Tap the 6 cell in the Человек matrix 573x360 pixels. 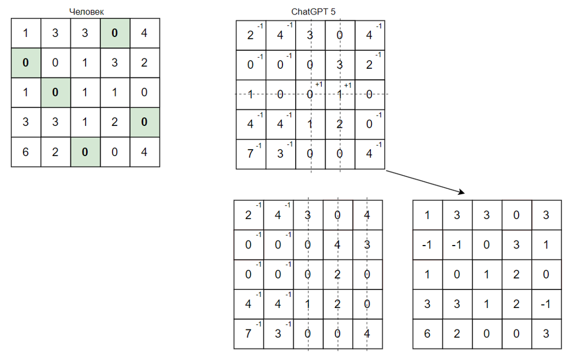point(25,153)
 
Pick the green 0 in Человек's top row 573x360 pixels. point(114,33)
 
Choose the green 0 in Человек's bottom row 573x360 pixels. point(85,153)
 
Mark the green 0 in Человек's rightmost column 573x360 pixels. point(144,123)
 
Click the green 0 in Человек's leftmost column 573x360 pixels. point(25,63)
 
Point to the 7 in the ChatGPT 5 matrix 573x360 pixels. point(250,155)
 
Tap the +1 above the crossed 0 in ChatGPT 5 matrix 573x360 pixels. point(318,85)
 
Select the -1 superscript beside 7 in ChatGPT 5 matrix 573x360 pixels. point(260,145)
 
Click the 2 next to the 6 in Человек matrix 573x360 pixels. point(55,153)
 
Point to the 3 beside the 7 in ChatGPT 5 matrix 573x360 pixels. point(280,155)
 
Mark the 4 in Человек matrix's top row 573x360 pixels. point(144,33)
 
